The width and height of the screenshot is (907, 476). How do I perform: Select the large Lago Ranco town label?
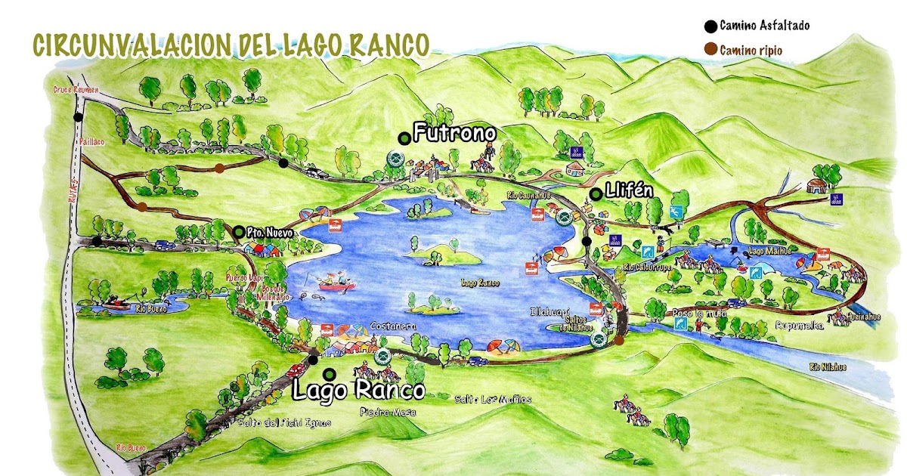click(358, 390)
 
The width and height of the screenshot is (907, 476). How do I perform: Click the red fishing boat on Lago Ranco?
click(333, 283)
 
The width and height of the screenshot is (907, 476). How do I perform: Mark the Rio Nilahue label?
click(828, 368)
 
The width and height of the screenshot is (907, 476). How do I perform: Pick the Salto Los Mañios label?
click(494, 399)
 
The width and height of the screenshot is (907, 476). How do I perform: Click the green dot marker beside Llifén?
click(596, 194)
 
